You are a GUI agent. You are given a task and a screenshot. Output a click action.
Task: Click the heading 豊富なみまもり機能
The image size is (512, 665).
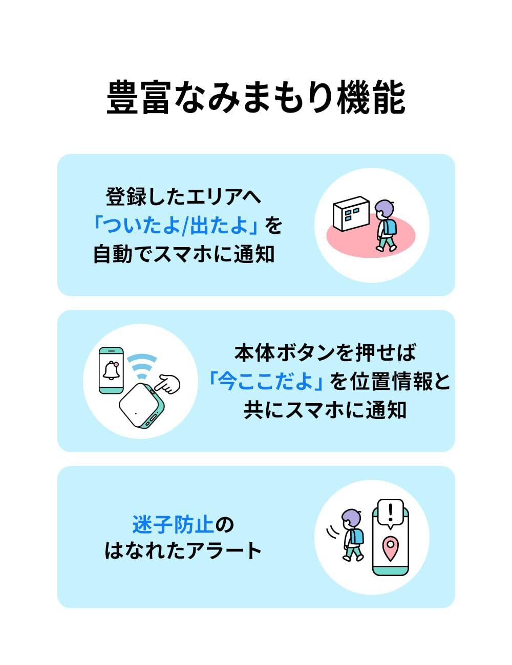point(255,97)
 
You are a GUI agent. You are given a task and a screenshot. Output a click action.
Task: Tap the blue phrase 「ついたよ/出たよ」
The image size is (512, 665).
point(176,226)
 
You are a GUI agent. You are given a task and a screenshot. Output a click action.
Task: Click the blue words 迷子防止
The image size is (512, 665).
point(173,524)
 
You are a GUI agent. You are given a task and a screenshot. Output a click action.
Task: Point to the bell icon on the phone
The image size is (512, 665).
point(111,370)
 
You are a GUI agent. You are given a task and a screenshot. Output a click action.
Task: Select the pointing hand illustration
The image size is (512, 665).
point(168,384)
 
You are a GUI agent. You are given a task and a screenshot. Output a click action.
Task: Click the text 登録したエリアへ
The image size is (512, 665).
point(183,196)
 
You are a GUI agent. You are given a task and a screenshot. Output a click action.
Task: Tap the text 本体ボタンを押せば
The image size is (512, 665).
point(325,353)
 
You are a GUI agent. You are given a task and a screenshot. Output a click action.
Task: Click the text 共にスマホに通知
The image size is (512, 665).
point(325,410)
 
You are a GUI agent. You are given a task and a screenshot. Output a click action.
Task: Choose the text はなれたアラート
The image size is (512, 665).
point(183,551)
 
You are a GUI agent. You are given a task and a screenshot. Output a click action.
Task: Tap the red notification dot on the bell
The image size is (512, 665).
point(116,364)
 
